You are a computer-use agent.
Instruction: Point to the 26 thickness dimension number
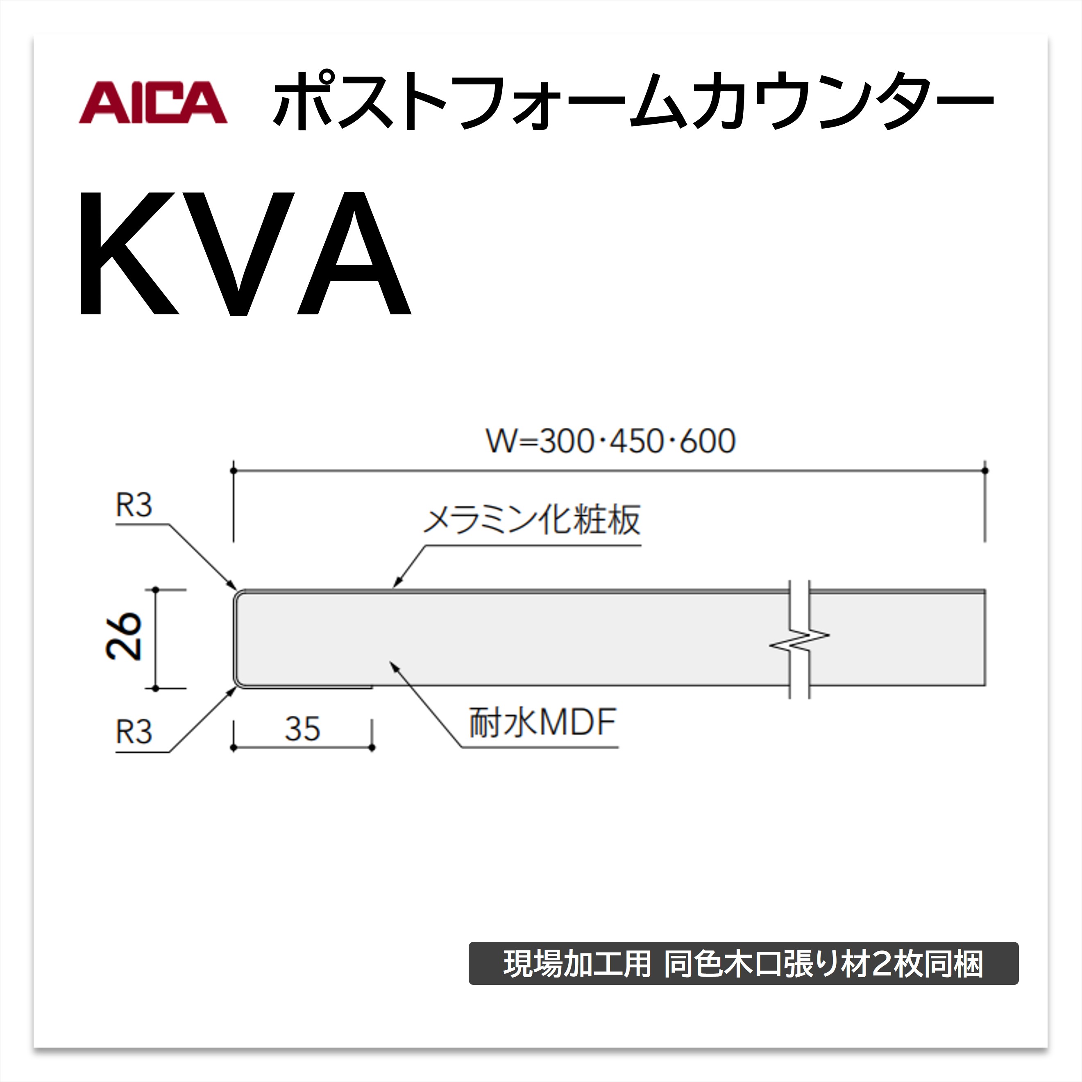(x=124, y=637)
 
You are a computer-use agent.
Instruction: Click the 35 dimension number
(x=302, y=728)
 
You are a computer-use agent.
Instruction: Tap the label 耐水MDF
(x=542, y=723)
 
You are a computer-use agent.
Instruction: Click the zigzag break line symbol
(x=799, y=641)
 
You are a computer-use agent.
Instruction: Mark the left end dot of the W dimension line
(x=234, y=470)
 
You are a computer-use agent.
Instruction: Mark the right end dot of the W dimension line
(x=985, y=470)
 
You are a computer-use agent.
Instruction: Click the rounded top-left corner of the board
(x=238, y=594)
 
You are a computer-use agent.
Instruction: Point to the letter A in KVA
(x=354, y=253)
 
